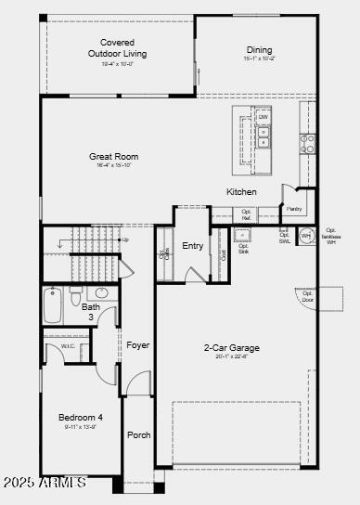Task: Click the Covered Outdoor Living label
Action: tap(117, 48)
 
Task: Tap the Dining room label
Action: tap(259, 50)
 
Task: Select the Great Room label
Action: tap(113, 157)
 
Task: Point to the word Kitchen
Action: tap(241, 192)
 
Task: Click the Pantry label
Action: tap(294, 209)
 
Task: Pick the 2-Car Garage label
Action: tap(231, 348)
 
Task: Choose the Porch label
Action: tap(139, 435)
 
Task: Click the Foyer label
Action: tap(138, 345)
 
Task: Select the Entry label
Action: tap(192, 246)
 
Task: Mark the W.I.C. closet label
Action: tap(68, 347)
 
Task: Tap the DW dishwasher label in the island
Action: tap(264, 117)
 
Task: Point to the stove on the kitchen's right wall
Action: tap(307, 144)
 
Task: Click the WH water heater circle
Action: tap(305, 236)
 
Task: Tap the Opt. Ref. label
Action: tap(247, 214)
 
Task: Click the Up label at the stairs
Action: tap(125, 240)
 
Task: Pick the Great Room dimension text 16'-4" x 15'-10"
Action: tap(113, 166)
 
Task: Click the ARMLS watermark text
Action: tap(44, 483)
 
